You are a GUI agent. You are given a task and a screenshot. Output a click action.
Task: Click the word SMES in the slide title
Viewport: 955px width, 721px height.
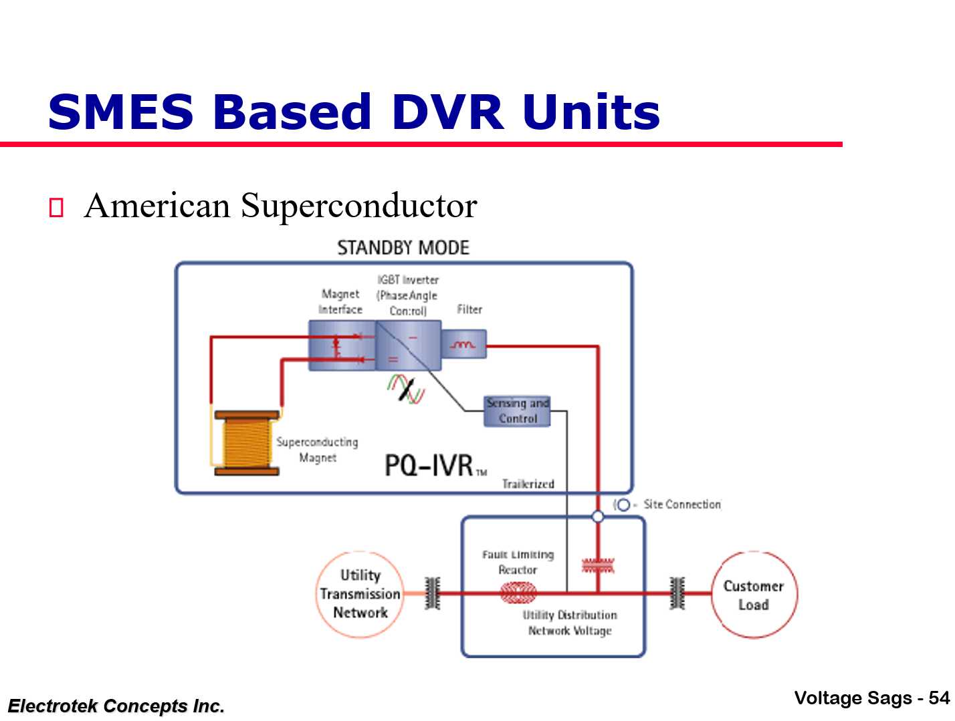[121, 112]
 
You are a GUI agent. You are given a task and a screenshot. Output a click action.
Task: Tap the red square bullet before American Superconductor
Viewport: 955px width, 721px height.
[56, 208]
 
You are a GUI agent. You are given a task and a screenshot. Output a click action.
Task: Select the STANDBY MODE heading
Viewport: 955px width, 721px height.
[403, 248]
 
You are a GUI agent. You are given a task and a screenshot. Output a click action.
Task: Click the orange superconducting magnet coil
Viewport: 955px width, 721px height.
[246, 442]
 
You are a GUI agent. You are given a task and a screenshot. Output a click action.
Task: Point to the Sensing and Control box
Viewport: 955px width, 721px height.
[517, 411]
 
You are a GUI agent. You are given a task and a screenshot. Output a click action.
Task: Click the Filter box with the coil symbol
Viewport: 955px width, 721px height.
[463, 344]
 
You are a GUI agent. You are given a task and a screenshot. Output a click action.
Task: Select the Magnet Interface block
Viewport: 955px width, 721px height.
[341, 345]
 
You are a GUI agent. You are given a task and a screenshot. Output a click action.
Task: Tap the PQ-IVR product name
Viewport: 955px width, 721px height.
[429, 466]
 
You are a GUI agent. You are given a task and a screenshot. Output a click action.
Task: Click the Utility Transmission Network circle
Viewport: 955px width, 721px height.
[360, 594]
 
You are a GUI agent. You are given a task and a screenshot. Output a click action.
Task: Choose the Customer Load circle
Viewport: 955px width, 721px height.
[754, 595]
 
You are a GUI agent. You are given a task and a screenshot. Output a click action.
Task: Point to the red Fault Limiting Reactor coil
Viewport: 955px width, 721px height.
[518, 592]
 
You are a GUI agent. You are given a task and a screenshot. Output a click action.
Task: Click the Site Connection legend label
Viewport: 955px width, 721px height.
[681, 504]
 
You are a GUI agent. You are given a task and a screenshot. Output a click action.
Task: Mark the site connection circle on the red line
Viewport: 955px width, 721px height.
[598, 517]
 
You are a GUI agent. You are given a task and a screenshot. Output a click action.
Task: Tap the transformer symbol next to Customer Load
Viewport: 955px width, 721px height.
[677, 593]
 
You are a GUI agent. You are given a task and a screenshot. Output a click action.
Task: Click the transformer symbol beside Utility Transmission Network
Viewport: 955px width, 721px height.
[433, 593]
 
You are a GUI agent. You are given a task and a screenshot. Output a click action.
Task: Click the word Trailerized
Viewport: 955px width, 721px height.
[528, 484]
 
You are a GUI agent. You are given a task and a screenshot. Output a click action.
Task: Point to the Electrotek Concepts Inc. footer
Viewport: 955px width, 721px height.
[116, 706]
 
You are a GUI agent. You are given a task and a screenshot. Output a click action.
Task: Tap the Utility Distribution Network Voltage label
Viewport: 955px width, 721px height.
[570, 623]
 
